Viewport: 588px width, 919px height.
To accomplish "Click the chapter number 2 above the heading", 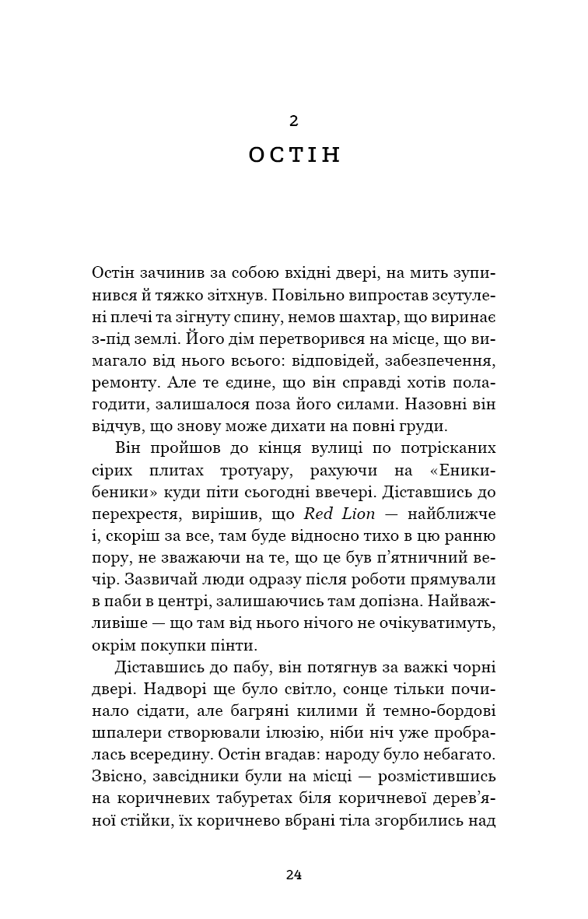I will [x=293, y=121].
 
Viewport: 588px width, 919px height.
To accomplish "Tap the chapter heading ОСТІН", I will [x=294, y=155].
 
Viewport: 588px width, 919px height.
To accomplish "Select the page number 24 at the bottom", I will [x=293, y=874].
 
